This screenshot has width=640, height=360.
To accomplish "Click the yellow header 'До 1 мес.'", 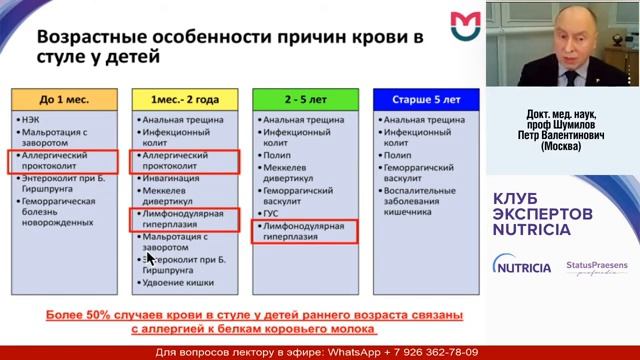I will (x=65, y=99).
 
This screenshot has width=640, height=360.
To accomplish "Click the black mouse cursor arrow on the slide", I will (x=151, y=258).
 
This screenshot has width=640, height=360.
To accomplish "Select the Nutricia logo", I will (x=521, y=267).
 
